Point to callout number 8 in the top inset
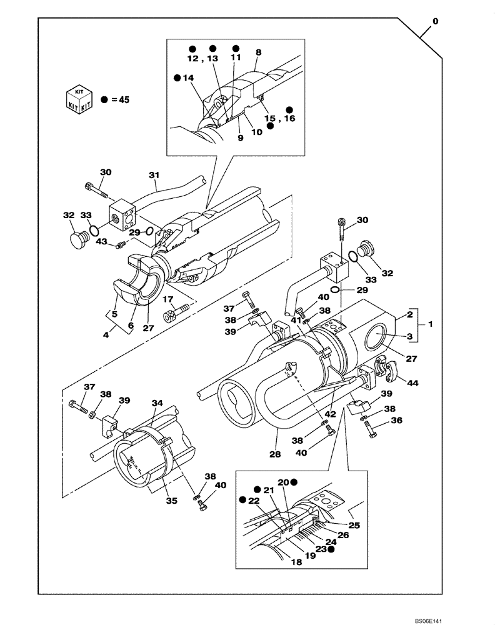259,54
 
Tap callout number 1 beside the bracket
429,326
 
